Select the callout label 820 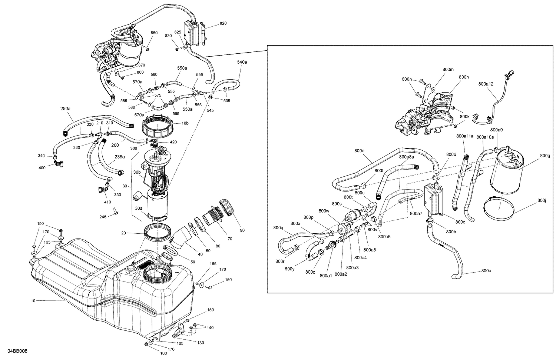(223, 23)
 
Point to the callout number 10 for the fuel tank (33, 301)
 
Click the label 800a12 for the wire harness (486, 84)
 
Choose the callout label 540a (242, 62)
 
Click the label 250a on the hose (65, 109)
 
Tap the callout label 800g (545, 156)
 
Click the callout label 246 (103, 217)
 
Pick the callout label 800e (359, 151)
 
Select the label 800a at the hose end (486, 271)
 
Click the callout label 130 (200, 343)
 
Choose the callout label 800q (278, 228)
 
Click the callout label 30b (137, 172)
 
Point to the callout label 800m (448, 69)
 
